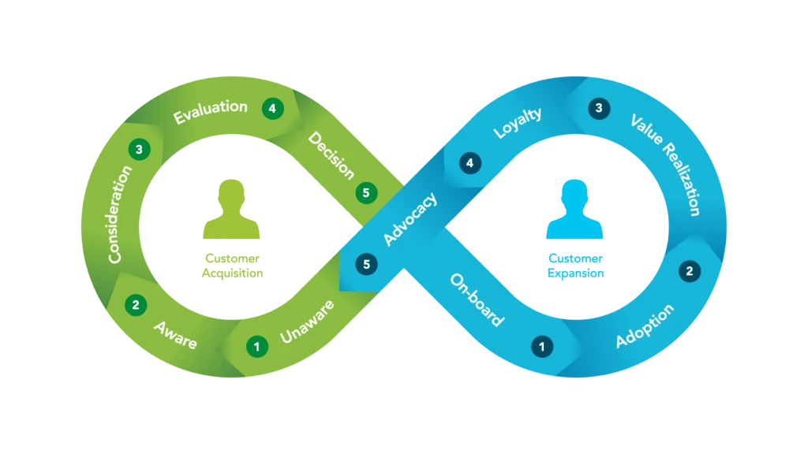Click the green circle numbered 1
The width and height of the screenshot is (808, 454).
[x=256, y=346]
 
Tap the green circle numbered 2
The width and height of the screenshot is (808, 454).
[x=136, y=305]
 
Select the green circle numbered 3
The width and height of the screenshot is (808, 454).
[x=139, y=149]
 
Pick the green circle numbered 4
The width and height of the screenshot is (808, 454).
[x=272, y=109]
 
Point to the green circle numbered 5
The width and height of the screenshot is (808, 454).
[x=365, y=192]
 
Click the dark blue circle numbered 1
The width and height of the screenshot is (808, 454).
[x=541, y=345]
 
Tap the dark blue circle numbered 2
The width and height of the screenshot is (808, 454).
[x=689, y=271]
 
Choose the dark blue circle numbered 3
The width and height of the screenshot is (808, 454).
[x=599, y=108]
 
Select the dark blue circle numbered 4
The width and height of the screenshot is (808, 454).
[x=469, y=163]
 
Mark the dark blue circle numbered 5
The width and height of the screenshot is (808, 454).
[x=365, y=264]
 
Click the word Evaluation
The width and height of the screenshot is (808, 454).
[x=211, y=112]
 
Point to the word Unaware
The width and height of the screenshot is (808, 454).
[x=308, y=322]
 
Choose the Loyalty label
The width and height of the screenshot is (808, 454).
[x=518, y=123]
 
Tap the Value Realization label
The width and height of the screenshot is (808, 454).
[x=665, y=165]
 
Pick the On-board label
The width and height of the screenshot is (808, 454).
[x=476, y=300]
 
